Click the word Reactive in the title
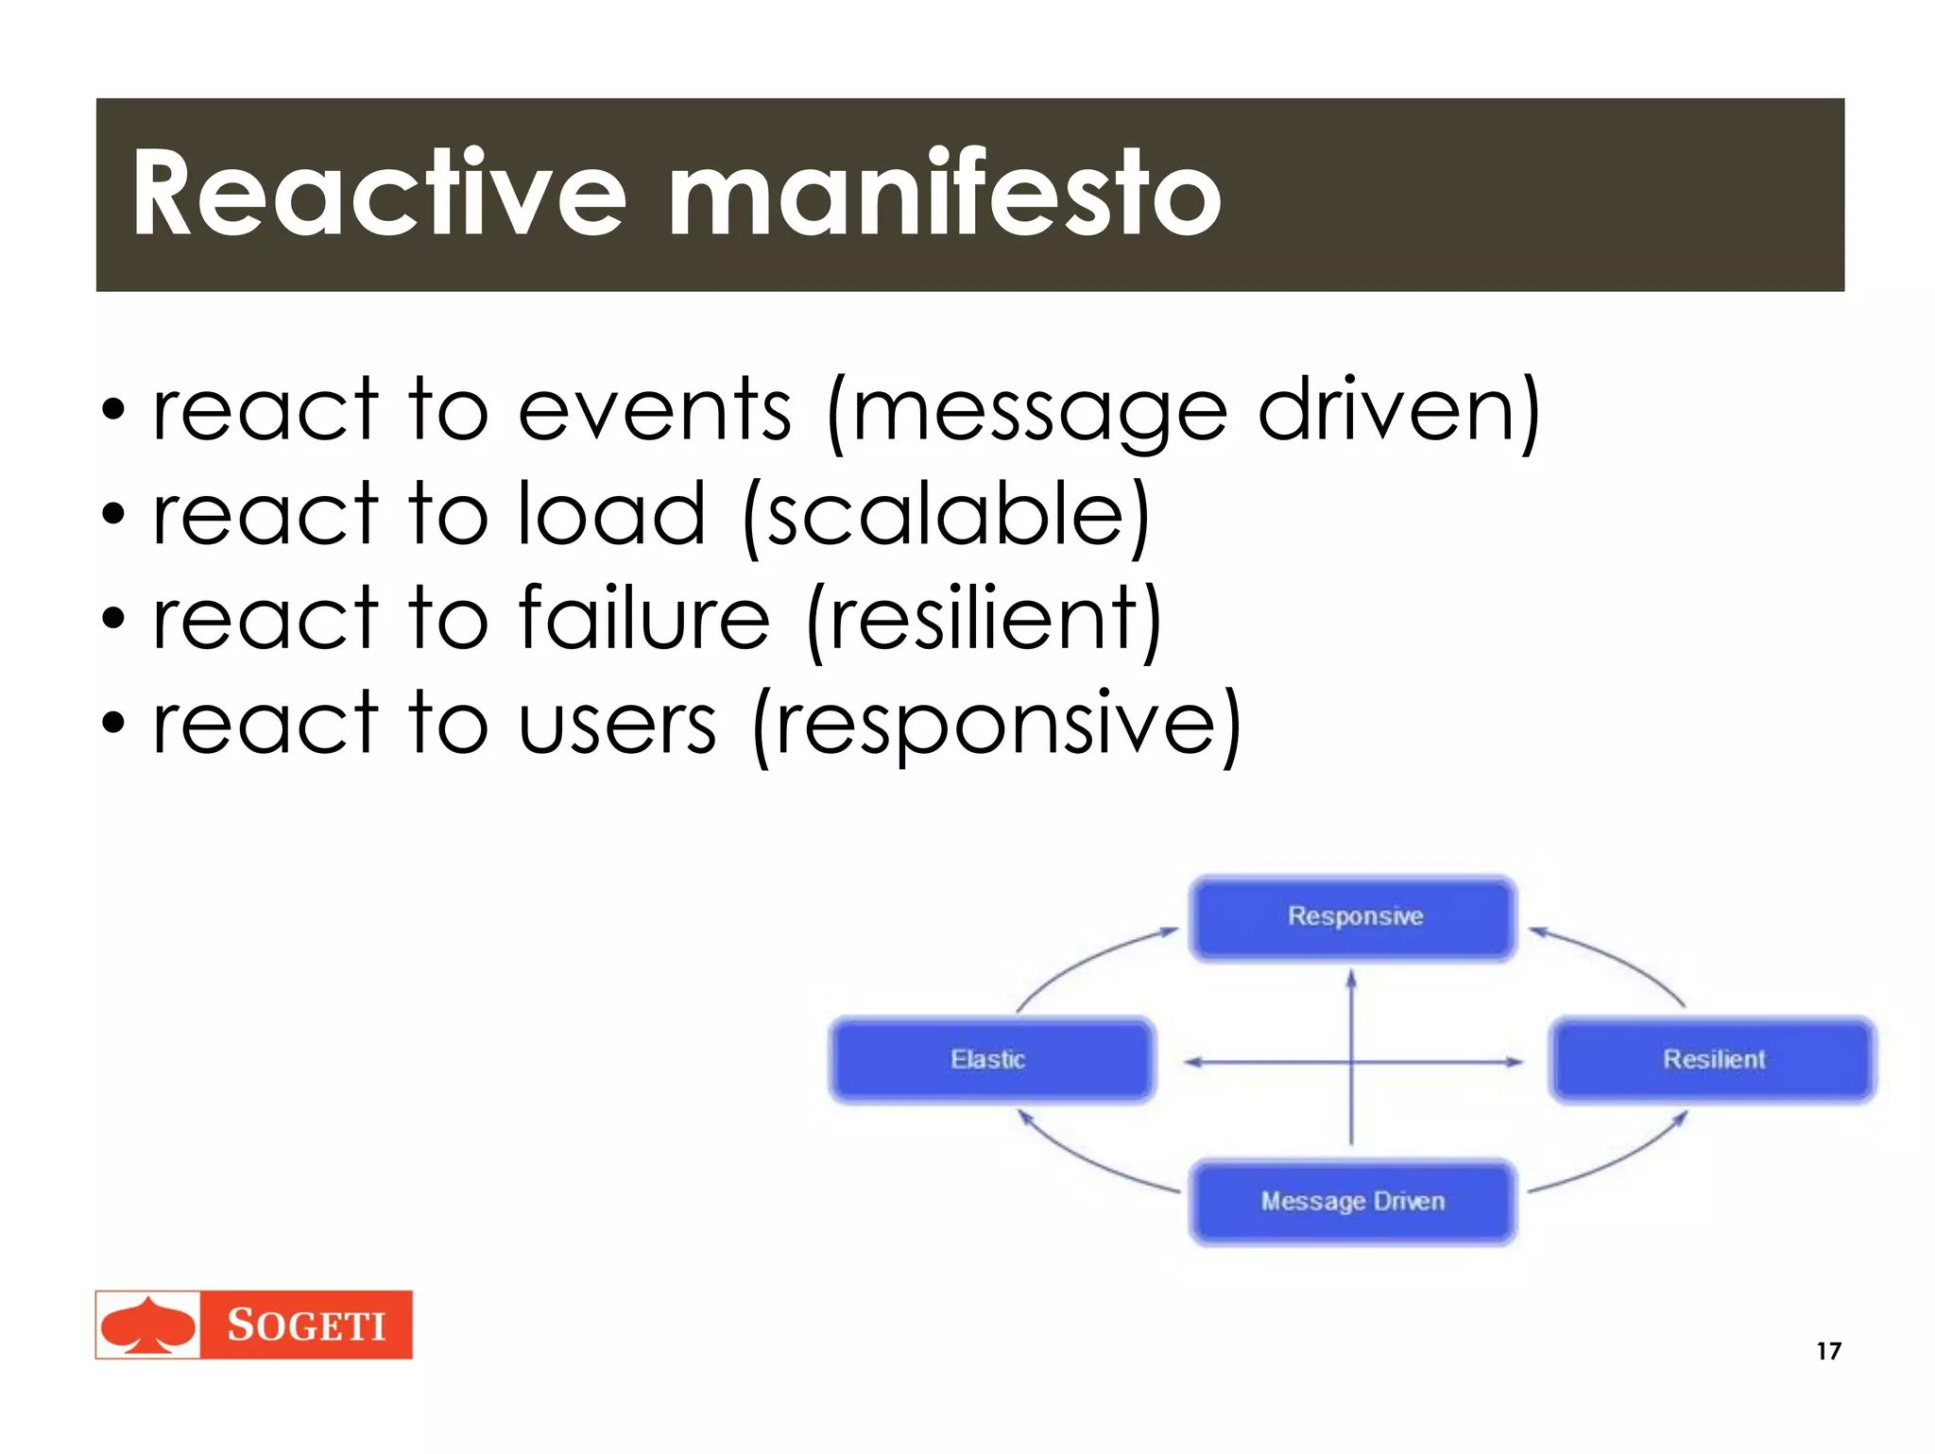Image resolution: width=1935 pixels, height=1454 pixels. click(x=378, y=194)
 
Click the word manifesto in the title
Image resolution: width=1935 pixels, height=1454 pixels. click(x=945, y=194)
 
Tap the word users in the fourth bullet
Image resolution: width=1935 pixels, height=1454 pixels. click(x=618, y=726)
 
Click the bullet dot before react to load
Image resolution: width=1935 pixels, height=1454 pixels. click(x=113, y=516)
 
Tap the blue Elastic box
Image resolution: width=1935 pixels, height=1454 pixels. click(x=991, y=1060)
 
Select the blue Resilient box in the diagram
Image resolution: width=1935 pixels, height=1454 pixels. click(x=1712, y=1060)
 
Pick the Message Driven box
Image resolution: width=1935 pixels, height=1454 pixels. click(x=1353, y=1202)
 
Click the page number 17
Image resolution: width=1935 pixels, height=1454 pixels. click(x=1828, y=1351)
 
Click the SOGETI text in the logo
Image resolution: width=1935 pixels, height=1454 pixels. click(x=306, y=1326)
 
